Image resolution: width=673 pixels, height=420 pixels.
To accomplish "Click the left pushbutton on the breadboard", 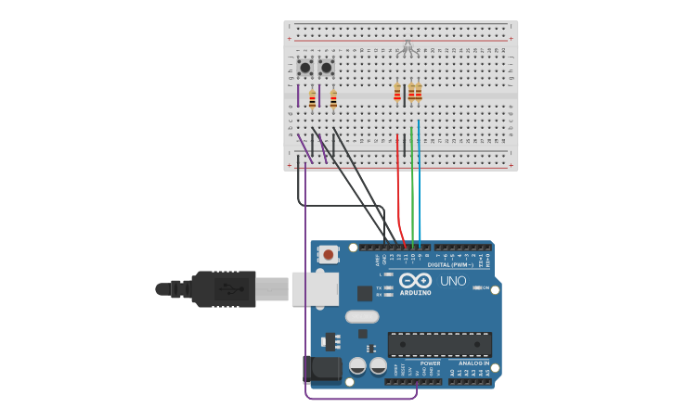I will [x=304, y=68].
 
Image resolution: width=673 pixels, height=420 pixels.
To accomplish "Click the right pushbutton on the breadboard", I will [x=327, y=68].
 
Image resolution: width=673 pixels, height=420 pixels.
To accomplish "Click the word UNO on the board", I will [x=453, y=281].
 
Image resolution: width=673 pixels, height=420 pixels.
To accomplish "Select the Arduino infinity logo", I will [x=415, y=280].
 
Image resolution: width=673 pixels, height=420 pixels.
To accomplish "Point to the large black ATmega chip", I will [x=439, y=343].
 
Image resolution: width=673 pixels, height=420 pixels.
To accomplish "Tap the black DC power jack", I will [x=321, y=369].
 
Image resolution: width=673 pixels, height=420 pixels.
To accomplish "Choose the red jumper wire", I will [x=398, y=185].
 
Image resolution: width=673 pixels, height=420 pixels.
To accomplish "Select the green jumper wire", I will [x=411, y=185].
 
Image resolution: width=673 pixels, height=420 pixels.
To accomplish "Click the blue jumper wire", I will [x=419, y=185].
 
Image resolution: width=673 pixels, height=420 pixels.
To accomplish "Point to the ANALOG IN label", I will [x=470, y=363].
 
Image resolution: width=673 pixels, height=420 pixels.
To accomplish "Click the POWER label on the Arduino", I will [x=430, y=363].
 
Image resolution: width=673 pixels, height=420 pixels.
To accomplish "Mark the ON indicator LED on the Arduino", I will [x=476, y=287].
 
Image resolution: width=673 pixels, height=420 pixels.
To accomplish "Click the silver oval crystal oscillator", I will [x=362, y=316].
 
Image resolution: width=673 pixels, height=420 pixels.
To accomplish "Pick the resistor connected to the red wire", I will [x=397, y=92].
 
